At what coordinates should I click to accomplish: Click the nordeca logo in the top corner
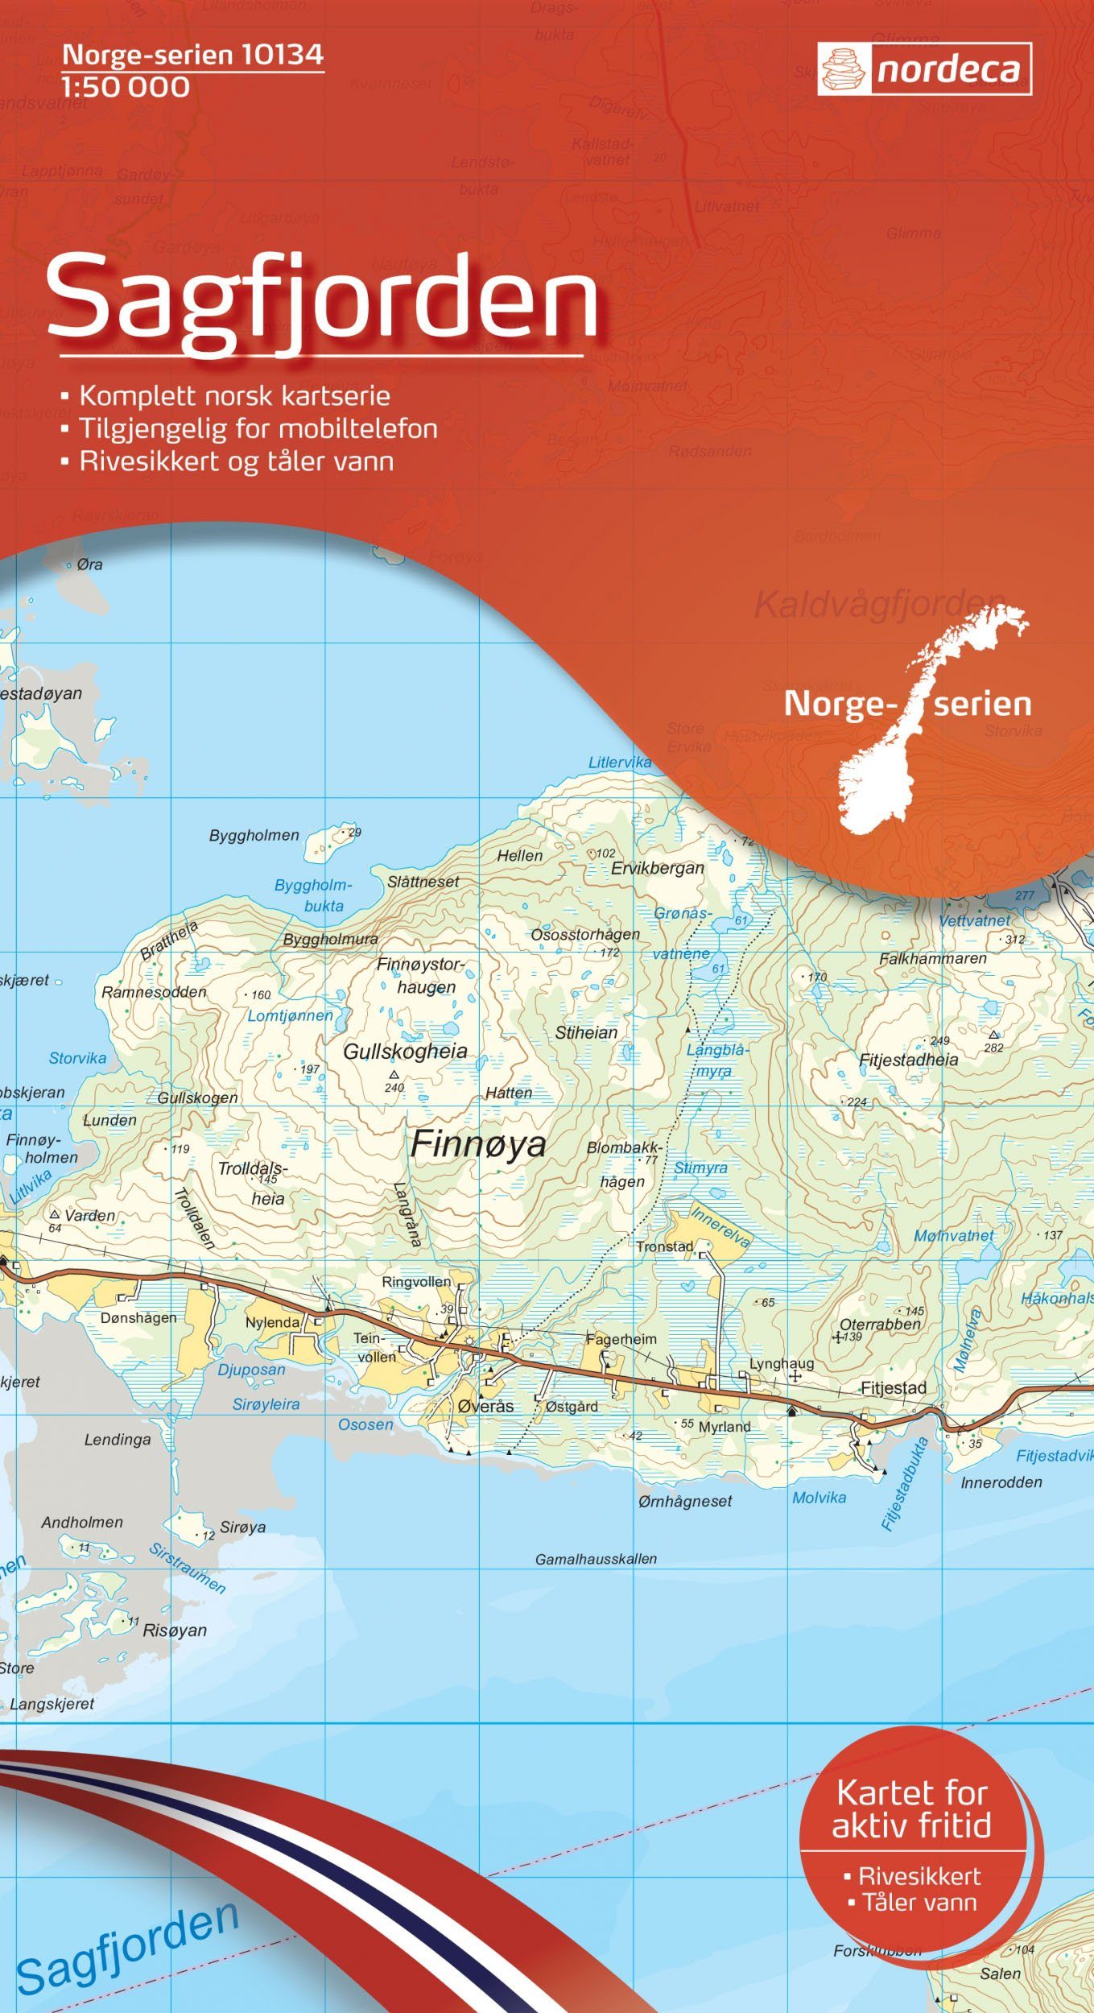click(924, 69)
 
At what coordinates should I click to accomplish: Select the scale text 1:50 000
click(126, 87)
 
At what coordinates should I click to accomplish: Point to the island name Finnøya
click(478, 1144)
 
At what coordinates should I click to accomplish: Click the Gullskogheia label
click(405, 1051)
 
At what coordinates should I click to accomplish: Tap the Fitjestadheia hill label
click(908, 1060)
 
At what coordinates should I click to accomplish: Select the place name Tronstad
click(664, 1246)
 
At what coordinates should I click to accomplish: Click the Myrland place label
click(725, 1426)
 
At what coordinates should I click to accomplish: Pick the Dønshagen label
click(138, 1318)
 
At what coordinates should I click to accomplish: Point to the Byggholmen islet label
click(254, 835)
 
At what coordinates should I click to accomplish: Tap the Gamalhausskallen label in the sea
click(596, 1559)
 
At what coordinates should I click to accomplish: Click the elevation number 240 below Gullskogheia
click(394, 1088)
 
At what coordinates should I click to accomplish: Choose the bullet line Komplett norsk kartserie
click(234, 396)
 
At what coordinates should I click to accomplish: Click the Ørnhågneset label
click(685, 1501)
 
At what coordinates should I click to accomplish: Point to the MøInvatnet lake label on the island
click(954, 1235)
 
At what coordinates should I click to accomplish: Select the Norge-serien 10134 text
click(193, 54)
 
